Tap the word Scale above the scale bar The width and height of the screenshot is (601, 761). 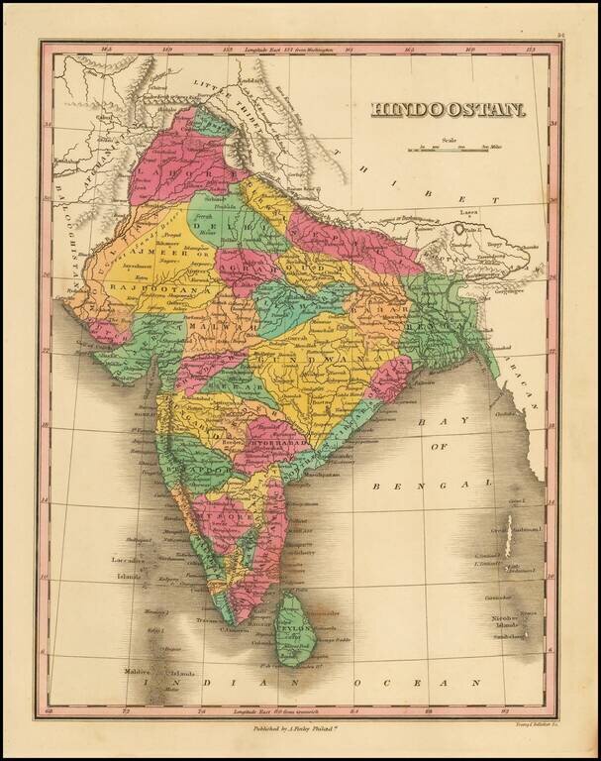(450, 140)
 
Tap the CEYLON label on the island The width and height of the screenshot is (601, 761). (296, 626)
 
